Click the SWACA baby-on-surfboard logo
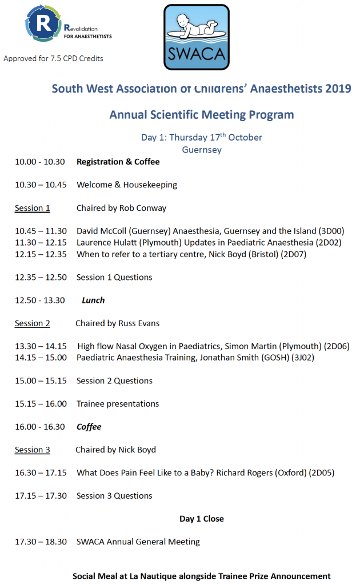pyautogui.click(x=196, y=37)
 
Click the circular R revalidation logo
pyautogui.click(x=42, y=23)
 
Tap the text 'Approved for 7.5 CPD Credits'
pyautogui.click(x=53, y=58)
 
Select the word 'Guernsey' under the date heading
pyautogui.click(x=202, y=150)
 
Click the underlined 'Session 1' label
pyautogui.click(x=32, y=208)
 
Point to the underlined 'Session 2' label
pyautogui.click(x=32, y=323)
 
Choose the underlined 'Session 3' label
pyautogui.click(x=32, y=450)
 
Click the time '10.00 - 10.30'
pyautogui.click(x=40, y=162)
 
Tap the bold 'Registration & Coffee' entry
pyautogui.click(x=118, y=162)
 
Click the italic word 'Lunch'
pyautogui.click(x=93, y=300)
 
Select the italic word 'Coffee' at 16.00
pyautogui.click(x=89, y=427)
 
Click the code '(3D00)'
pyautogui.click(x=334, y=231)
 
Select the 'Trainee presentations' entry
pyautogui.click(x=118, y=404)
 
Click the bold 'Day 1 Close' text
pyautogui.click(x=202, y=519)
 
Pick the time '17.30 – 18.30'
pyautogui.click(x=41, y=542)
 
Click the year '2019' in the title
pyautogui.click(x=338, y=89)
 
